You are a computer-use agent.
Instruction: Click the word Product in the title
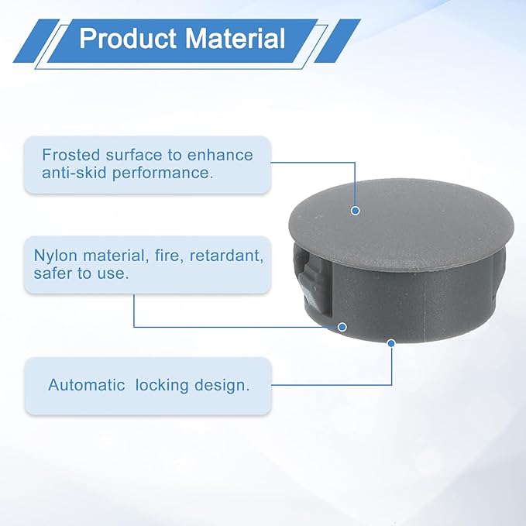tap(128, 38)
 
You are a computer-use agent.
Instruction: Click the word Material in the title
tap(235, 38)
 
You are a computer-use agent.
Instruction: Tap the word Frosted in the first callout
tap(71, 155)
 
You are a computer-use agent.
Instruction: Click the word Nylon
tap(55, 256)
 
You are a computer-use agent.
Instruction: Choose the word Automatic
tap(87, 385)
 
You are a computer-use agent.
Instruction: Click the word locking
tap(162, 386)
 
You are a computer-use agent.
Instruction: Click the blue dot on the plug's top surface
tap(356, 211)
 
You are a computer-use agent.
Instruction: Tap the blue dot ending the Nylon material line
tap(342, 327)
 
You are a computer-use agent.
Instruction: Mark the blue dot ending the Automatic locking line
tap(391, 343)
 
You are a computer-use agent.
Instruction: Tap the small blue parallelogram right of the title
tap(337, 40)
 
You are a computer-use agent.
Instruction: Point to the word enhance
tap(220, 155)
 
